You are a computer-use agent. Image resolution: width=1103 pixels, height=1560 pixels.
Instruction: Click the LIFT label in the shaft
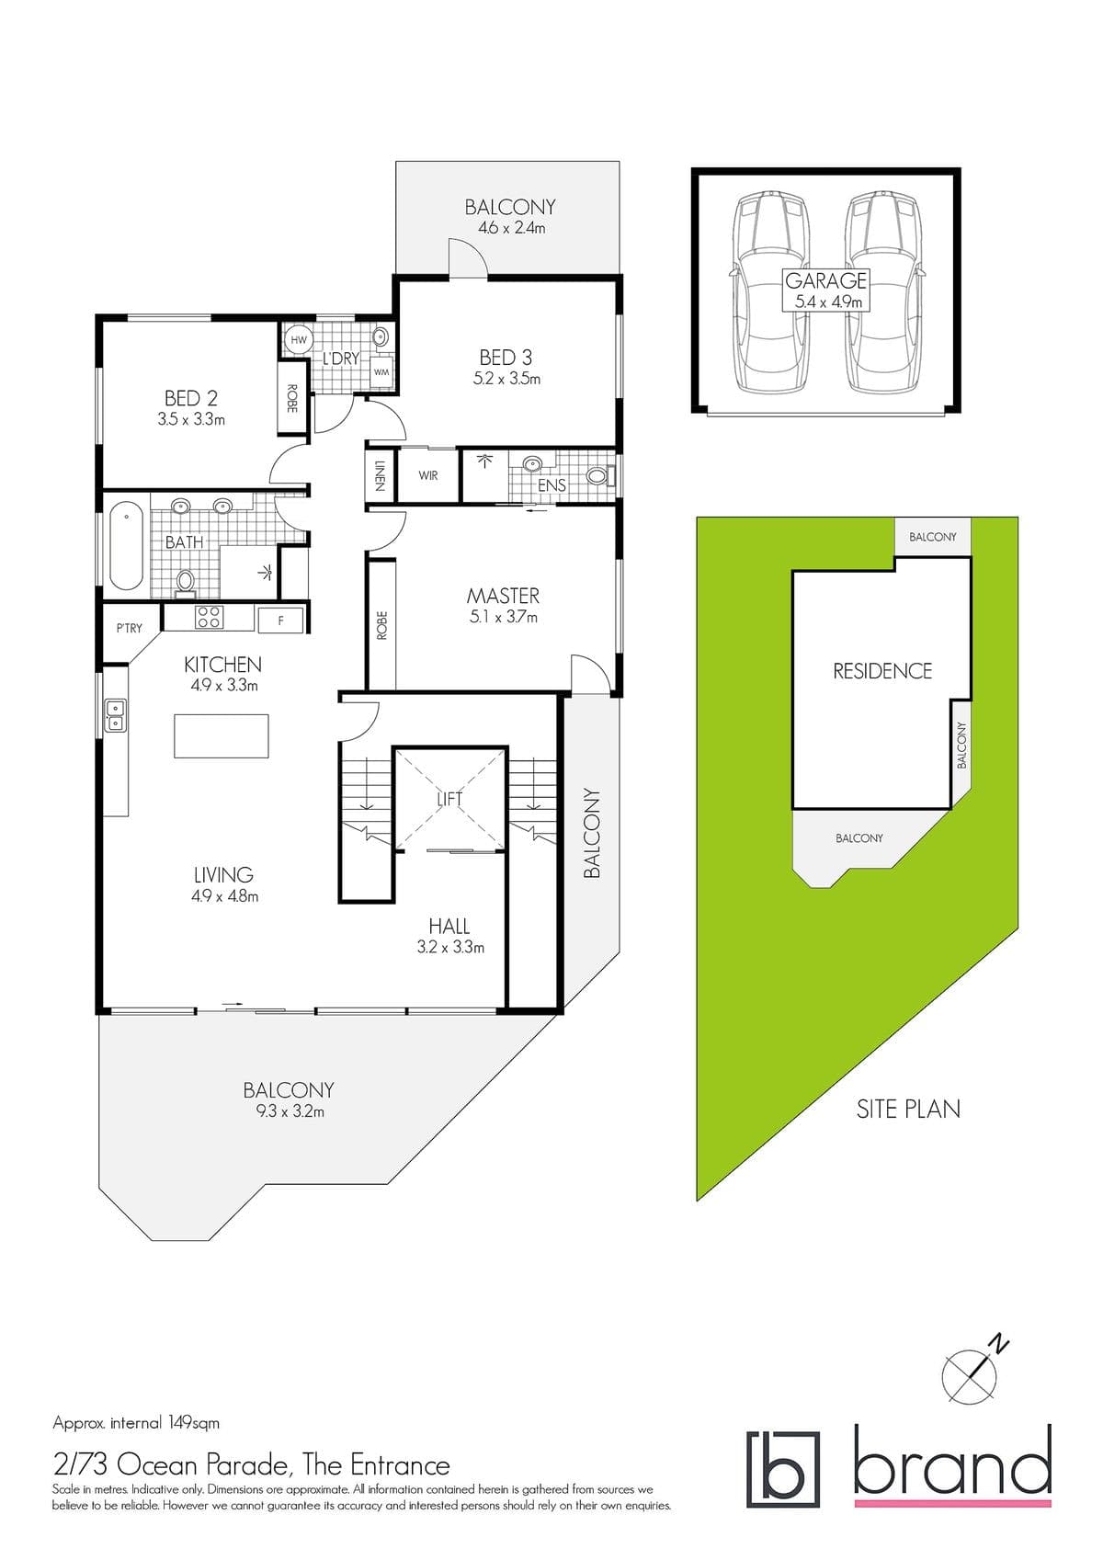449,799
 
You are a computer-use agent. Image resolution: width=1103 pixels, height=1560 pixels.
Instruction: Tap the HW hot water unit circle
298,340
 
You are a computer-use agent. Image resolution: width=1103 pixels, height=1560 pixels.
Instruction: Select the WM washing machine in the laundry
381,372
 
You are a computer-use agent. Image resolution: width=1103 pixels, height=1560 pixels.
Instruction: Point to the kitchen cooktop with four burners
209,617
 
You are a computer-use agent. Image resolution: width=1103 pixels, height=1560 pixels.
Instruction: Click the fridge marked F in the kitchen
280,620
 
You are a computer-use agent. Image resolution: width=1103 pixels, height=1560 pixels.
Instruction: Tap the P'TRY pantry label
129,628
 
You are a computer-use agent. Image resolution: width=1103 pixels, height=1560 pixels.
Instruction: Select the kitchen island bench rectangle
222,735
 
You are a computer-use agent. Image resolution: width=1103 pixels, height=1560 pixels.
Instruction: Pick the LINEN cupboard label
380,475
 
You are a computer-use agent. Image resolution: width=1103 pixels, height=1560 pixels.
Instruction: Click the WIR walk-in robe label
428,475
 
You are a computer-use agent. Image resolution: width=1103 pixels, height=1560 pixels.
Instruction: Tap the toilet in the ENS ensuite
600,476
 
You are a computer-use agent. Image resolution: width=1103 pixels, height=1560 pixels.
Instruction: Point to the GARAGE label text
825,280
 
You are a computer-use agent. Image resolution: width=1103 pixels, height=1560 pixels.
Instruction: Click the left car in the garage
769,291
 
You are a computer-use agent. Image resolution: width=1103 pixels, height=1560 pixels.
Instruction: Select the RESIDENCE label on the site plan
882,671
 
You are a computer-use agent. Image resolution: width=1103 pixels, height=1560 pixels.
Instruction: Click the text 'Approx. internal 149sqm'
136,1423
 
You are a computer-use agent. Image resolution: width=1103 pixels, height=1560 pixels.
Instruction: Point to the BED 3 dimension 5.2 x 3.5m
506,379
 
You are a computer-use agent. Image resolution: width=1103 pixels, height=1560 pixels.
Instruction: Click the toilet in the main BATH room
186,582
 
